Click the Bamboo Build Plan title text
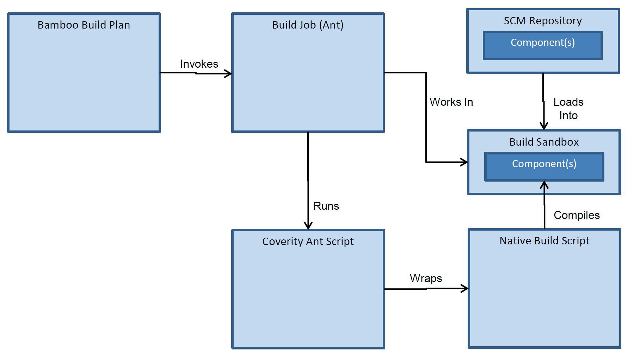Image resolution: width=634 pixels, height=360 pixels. pyautogui.click(x=84, y=25)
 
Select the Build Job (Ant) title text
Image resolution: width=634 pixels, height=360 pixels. pyautogui.click(x=308, y=25)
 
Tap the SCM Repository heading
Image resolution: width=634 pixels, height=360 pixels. pyautogui.click(x=543, y=21)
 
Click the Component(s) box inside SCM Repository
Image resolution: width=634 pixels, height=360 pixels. pyautogui.click(x=543, y=45)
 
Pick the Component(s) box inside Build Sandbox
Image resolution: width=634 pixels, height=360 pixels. pyautogui.click(x=544, y=167)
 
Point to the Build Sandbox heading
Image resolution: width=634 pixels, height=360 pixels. pyautogui.click(x=544, y=142)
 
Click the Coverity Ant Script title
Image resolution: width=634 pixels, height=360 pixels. pyautogui.click(x=308, y=242)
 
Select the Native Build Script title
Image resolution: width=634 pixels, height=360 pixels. pyautogui.click(x=544, y=241)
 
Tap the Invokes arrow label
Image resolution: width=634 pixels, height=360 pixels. pyautogui.click(x=199, y=64)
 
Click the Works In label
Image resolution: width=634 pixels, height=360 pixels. pyautogui.click(x=451, y=102)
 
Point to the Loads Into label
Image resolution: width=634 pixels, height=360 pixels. pyautogui.click(x=568, y=109)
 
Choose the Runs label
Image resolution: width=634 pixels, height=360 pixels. pyautogui.click(x=326, y=206)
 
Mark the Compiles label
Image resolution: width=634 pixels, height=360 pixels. pyautogui.click(x=577, y=215)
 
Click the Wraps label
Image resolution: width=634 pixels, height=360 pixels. pyautogui.click(x=426, y=278)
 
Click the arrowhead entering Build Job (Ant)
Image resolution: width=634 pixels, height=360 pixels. pyautogui.click(x=229, y=74)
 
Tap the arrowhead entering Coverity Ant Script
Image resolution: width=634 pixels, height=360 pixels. pyautogui.click(x=308, y=226)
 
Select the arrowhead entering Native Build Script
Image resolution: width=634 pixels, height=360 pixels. pyautogui.click(x=465, y=288)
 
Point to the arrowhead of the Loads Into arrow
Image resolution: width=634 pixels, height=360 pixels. pyautogui.click(x=544, y=126)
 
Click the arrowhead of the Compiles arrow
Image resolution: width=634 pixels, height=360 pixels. pyautogui.click(x=544, y=184)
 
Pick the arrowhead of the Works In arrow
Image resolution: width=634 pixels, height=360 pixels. pyautogui.click(x=464, y=162)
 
